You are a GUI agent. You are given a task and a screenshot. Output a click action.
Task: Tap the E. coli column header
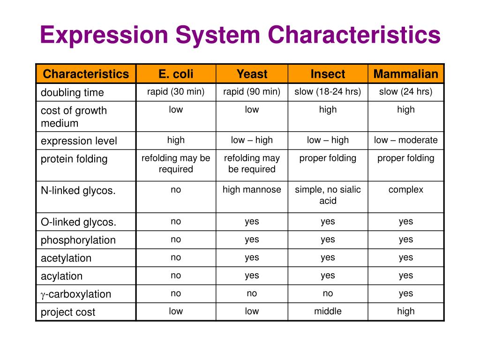(x=176, y=74)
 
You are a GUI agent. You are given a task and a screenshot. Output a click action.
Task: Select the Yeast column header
(x=252, y=74)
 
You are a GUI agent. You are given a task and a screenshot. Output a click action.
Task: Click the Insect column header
(x=328, y=74)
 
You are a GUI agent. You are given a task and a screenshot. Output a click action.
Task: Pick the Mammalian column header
(x=406, y=74)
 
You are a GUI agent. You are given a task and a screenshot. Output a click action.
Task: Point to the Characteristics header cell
(x=86, y=74)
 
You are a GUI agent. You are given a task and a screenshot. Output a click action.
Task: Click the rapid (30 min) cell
(x=176, y=92)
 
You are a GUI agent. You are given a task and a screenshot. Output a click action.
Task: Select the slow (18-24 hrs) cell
(x=328, y=92)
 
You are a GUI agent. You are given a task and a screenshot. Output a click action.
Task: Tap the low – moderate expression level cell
(x=406, y=140)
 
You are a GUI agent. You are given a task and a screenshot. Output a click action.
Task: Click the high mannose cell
(x=252, y=190)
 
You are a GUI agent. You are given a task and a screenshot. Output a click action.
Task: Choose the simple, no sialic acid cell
(x=328, y=195)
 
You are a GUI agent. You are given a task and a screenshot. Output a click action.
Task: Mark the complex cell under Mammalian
(x=406, y=190)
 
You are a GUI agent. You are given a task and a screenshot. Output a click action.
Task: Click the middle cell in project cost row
(x=328, y=311)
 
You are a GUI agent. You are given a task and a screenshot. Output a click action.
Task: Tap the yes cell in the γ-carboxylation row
(x=406, y=293)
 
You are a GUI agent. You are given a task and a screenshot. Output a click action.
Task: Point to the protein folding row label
(x=74, y=159)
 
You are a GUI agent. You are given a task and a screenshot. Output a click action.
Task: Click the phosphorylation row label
(x=78, y=240)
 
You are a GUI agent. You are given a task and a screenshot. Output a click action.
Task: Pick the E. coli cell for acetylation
(x=176, y=257)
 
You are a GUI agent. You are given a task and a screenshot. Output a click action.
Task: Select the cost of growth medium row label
(x=74, y=117)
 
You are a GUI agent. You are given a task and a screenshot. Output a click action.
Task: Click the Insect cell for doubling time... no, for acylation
(x=328, y=276)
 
